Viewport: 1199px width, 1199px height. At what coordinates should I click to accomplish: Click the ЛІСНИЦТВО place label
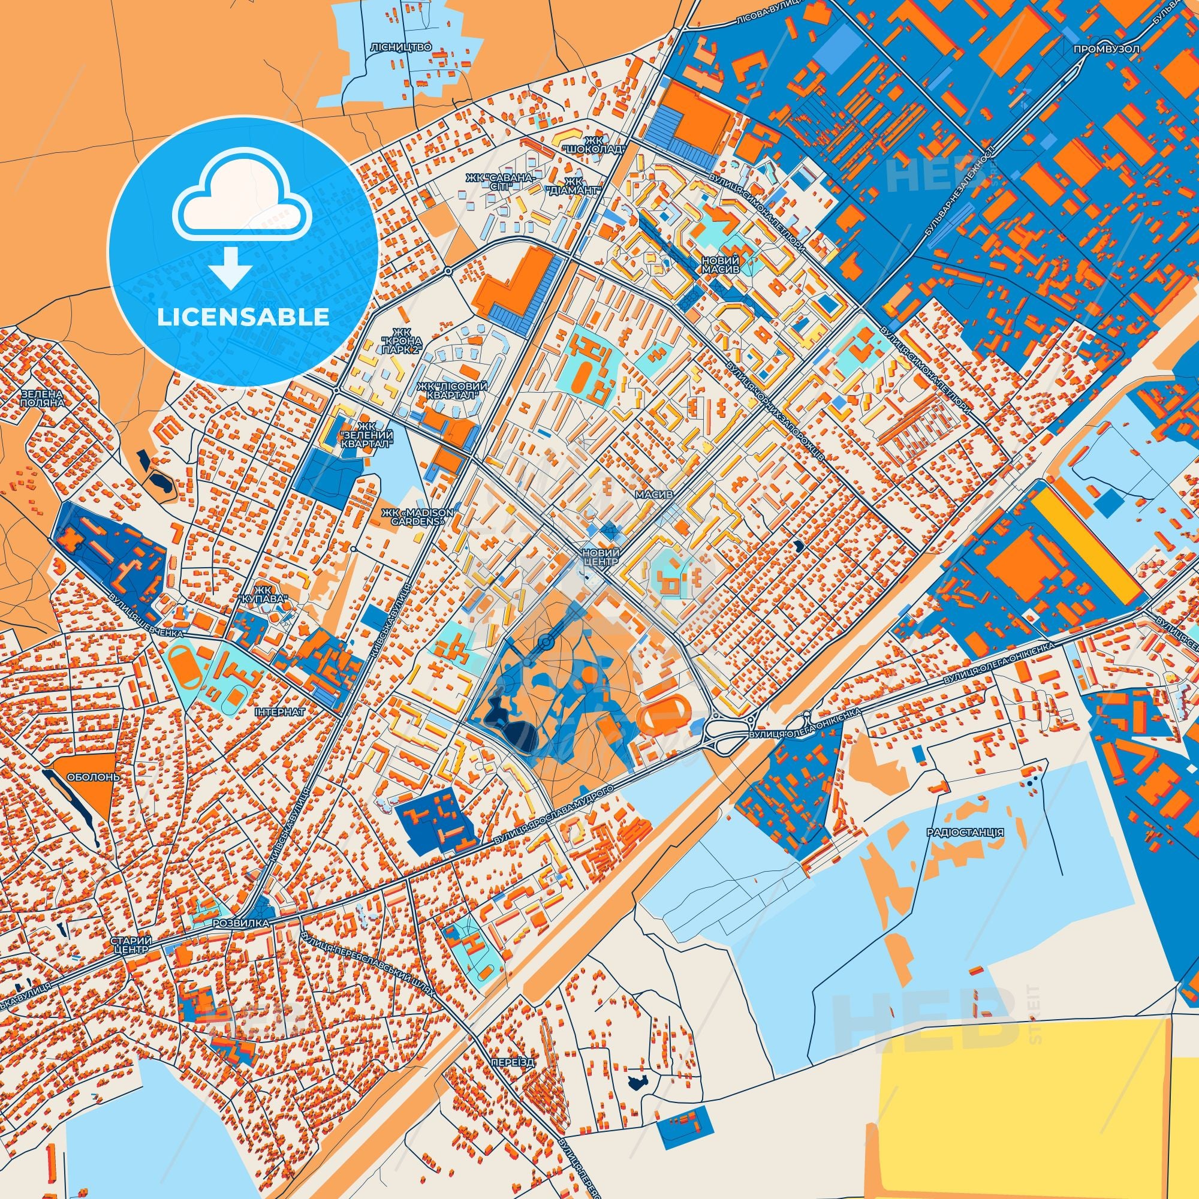409,47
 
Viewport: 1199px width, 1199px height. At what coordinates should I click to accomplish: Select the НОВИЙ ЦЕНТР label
600,556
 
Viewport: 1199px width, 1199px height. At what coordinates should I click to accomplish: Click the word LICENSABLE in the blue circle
243,317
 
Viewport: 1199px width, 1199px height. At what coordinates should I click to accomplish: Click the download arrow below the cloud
230,269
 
